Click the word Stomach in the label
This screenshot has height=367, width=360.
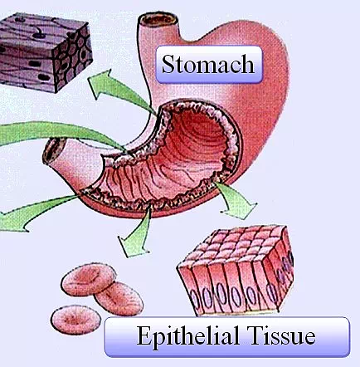[x=207, y=64]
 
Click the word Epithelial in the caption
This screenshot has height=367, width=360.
[x=188, y=335]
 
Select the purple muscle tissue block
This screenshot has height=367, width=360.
[x=46, y=51]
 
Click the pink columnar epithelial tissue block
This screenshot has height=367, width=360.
[x=235, y=271]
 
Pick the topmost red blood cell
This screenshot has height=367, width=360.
[x=89, y=279]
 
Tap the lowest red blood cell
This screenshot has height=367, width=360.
[x=75, y=320]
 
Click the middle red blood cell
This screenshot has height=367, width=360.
[x=119, y=298]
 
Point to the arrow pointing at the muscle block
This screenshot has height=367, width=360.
[x=119, y=90]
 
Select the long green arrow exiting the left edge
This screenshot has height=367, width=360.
[x=61, y=131]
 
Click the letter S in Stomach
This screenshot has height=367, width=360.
[x=168, y=64]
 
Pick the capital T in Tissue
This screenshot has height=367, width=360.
[x=255, y=335]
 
